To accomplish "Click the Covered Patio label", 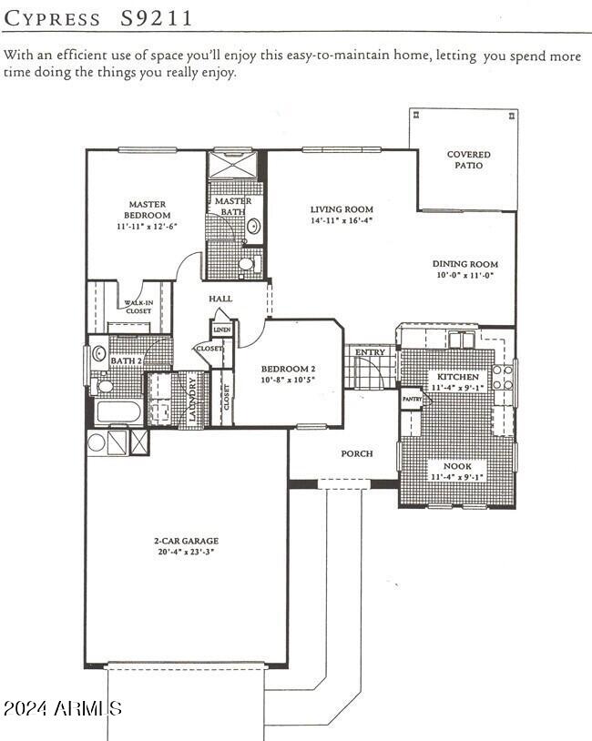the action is pyautogui.click(x=468, y=159).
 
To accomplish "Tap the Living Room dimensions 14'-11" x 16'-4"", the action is pyautogui.click(x=342, y=220).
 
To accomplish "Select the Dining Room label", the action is pyautogui.click(x=465, y=264).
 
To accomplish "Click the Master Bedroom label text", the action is pyautogui.click(x=147, y=209).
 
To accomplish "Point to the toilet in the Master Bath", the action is pyautogui.click(x=250, y=264).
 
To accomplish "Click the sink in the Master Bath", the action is pyautogui.click(x=253, y=226).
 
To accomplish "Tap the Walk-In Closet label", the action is pyautogui.click(x=138, y=307).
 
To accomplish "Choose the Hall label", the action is pyautogui.click(x=220, y=299).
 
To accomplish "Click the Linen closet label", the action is pyautogui.click(x=222, y=330).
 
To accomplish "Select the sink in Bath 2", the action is pyautogui.click(x=99, y=352).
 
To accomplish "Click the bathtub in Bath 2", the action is pyautogui.click(x=117, y=412).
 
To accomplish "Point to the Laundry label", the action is pyautogui.click(x=192, y=400).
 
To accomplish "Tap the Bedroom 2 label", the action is pyautogui.click(x=288, y=369).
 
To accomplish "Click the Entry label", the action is pyautogui.click(x=371, y=352).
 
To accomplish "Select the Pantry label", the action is pyautogui.click(x=412, y=399).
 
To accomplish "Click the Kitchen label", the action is pyautogui.click(x=458, y=377).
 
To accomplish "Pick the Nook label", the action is pyautogui.click(x=457, y=466).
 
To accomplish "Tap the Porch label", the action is pyautogui.click(x=357, y=453).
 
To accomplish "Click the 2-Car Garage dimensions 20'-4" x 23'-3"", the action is pyautogui.click(x=187, y=552).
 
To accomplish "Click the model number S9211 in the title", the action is pyautogui.click(x=157, y=18).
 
